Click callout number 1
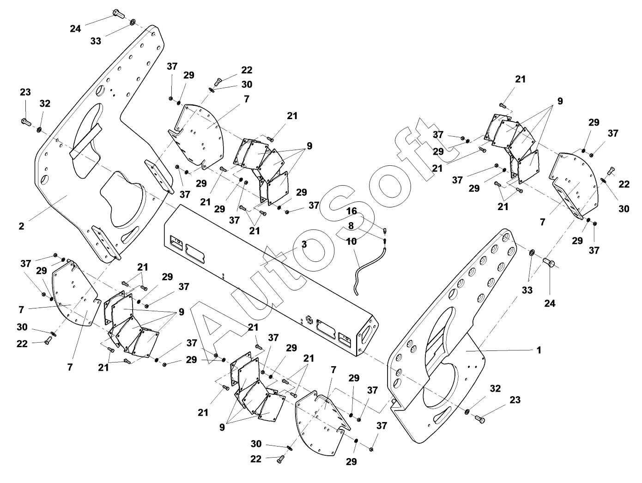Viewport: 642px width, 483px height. [x=539, y=350]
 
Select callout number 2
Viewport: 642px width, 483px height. [x=21, y=226]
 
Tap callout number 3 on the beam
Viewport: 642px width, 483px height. [x=304, y=244]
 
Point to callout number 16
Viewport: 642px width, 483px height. [x=352, y=211]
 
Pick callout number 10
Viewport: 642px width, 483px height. [x=351, y=241]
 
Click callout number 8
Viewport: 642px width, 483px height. [x=351, y=225]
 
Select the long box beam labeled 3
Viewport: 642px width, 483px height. [x=271, y=280]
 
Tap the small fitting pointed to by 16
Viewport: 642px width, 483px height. [x=385, y=230]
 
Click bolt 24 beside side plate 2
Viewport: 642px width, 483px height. [x=118, y=13]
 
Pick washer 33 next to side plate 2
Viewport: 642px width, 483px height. [x=133, y=22]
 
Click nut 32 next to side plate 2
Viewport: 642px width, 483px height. [x=39, y=129]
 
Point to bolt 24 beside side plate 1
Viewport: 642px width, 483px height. [x=549, y=262]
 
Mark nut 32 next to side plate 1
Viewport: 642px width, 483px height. [x=467, y=411]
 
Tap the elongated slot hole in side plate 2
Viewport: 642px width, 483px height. [x=131, y=235]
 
